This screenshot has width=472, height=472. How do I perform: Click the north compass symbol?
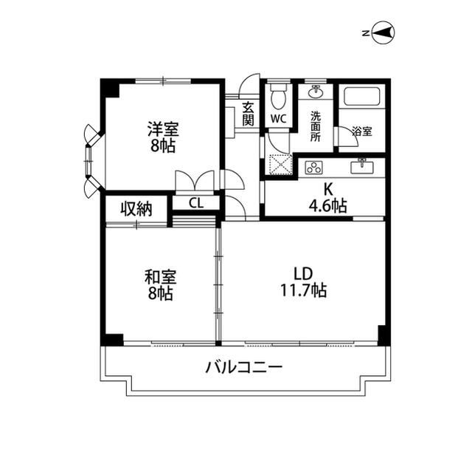pos(383,32)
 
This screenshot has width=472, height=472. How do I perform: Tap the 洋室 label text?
pos(162,127)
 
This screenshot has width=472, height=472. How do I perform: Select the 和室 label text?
pos(160,277)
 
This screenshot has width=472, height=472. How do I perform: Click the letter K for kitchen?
pos(328,188)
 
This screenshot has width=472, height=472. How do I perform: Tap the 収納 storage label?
pos(136,208)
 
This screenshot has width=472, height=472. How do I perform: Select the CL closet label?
pos(195,203)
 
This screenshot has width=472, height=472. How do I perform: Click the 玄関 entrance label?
pos(249,113)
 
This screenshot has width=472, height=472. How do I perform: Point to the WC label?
pos(279,119)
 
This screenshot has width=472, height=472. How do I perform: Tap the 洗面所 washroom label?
pos(316,126)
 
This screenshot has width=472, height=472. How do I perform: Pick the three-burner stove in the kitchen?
pos(315,166)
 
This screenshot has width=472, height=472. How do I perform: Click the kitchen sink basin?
pos(362,166)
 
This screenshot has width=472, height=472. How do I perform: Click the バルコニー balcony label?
pos(244,367)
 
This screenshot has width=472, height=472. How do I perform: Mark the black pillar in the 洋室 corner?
pos(111,88)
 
